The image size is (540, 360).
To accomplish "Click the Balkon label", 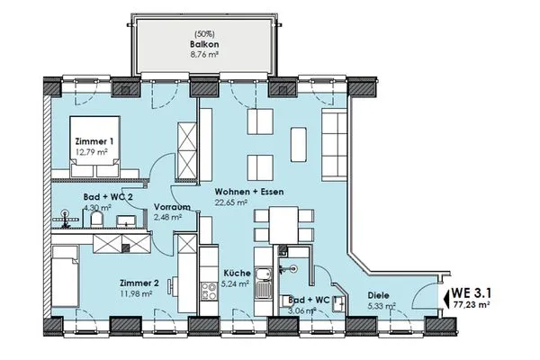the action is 204,44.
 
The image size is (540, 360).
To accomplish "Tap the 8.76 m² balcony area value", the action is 204,54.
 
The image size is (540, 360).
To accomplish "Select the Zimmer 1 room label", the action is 94,141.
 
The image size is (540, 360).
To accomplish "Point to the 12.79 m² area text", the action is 92,151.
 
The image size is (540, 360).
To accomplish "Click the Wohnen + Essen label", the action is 249,192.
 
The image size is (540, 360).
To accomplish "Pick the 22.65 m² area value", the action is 231,202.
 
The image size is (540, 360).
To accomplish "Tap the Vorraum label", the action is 172,207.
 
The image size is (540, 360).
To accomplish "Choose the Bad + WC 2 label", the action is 108,197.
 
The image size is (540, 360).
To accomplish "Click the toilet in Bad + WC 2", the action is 97,219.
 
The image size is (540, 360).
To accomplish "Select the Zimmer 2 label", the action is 139,283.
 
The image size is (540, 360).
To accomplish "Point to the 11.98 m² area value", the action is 136,293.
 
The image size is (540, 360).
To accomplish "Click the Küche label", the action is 238,274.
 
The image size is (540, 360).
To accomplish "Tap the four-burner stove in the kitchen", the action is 209,291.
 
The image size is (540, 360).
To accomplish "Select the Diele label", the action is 379,295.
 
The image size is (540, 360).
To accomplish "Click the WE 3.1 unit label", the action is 471,292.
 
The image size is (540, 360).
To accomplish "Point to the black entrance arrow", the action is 447,298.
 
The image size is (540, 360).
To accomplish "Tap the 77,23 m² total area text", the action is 472,304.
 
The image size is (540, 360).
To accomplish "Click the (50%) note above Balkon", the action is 204,34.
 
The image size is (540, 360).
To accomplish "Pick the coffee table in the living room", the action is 299,144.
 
